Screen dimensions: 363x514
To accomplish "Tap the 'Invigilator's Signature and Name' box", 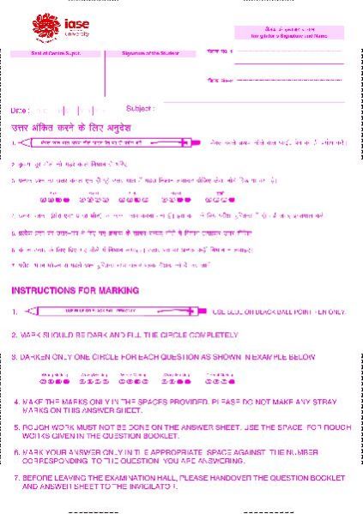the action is (289, 33).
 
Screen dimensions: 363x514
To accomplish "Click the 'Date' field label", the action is (19, 111).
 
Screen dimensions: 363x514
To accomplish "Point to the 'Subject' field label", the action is (140, 109).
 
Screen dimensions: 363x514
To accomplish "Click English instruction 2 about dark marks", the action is (124, 335).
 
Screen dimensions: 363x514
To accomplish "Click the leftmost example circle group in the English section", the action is (54, 381).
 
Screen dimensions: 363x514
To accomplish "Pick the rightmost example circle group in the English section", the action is (219, 381).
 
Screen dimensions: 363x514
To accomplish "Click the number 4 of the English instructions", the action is (16, 401).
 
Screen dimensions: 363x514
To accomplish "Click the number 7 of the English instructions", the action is (16, 476).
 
